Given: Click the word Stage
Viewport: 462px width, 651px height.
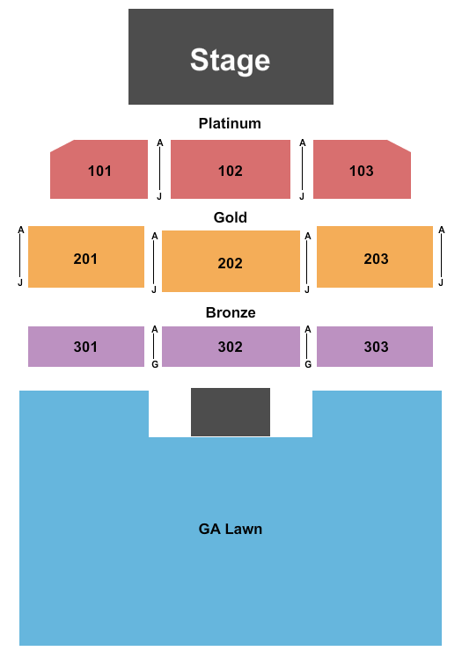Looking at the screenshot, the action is (231, 60).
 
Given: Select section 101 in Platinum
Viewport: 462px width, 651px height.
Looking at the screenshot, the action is (99, 170).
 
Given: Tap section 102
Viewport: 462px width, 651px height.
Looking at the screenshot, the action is (231, 170).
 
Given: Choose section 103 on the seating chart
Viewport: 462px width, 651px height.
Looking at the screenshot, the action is (362, 170).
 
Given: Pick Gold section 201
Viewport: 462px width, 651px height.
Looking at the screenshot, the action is (86, 257).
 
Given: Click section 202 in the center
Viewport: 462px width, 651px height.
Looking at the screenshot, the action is (231, 261).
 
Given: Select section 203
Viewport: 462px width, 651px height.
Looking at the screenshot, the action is (375, 257).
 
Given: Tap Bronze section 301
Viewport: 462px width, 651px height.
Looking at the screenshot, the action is (86, 347).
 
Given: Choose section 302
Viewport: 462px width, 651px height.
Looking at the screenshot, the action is (231, 347).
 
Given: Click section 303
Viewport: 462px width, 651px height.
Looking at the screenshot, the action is (375, 347).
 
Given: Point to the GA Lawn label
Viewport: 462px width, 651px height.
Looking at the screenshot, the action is (231, 529).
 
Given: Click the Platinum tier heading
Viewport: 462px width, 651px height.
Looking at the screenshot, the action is (230, 123).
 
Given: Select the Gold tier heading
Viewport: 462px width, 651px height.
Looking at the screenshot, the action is (231, 217).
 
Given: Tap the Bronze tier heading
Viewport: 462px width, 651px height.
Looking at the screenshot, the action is (231, 312).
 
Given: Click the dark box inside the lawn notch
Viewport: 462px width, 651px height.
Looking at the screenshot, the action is (231, 412).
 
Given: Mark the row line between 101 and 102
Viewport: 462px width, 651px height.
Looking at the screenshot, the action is (160, 170).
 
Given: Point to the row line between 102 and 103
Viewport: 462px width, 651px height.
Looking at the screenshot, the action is (303, 170).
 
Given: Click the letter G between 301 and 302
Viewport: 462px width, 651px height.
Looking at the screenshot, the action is (155, 364).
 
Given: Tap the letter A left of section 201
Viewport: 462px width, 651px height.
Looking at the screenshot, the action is (21, 230).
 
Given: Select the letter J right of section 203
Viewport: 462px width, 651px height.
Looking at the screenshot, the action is (441, 282).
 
